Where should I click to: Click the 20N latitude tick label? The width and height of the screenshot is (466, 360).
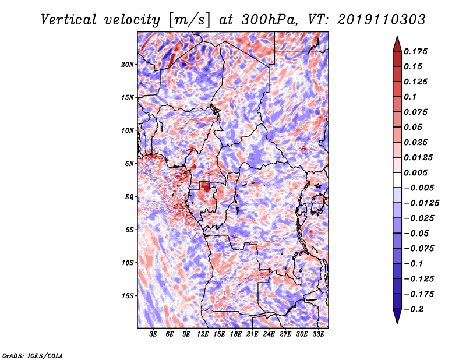[127, 65]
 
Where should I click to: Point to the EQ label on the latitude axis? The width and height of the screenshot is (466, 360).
[129, 197]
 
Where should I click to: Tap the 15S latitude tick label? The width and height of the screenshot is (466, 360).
[127, 296]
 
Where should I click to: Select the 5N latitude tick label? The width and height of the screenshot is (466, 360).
[129, 164]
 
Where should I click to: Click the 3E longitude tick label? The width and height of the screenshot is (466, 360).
[153, 334]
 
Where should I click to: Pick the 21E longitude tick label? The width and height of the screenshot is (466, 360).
[252, 334]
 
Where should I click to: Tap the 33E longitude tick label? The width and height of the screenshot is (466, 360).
[318, 334]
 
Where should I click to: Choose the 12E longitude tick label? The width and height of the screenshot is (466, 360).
[202, 334]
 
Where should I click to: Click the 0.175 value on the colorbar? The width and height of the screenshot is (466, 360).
[415, 51]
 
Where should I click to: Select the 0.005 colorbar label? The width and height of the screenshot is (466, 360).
[415, 172]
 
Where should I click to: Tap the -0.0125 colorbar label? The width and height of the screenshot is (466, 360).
[421, 203]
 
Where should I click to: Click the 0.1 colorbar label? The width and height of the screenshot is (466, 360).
[410, 97]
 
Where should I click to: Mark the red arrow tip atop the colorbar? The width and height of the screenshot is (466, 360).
[397, 37]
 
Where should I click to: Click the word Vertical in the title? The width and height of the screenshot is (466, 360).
[69, 20]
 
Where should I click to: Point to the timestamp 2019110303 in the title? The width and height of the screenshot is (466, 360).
[382, 20]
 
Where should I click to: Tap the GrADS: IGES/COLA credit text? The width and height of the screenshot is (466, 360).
[33, 355]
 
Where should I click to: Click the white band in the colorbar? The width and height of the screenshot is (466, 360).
[397, 180]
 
